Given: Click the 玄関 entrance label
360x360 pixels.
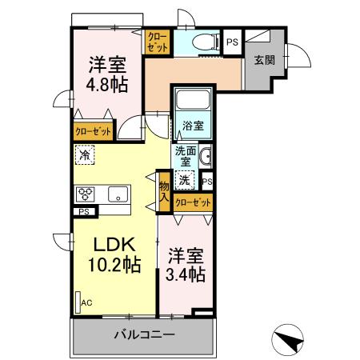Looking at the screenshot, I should (265, 59).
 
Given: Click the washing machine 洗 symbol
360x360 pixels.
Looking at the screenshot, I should (185, 180).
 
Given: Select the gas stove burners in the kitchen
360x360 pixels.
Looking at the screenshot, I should (86, 194).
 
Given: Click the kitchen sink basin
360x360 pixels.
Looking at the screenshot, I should (118, 194).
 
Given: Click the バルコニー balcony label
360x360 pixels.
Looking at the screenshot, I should (144, 334).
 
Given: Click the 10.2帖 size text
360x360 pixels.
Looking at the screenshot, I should (114, 263).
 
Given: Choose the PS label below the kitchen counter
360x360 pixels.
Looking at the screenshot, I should (84, 212).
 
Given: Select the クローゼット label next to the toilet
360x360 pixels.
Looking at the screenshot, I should (156, 42).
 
